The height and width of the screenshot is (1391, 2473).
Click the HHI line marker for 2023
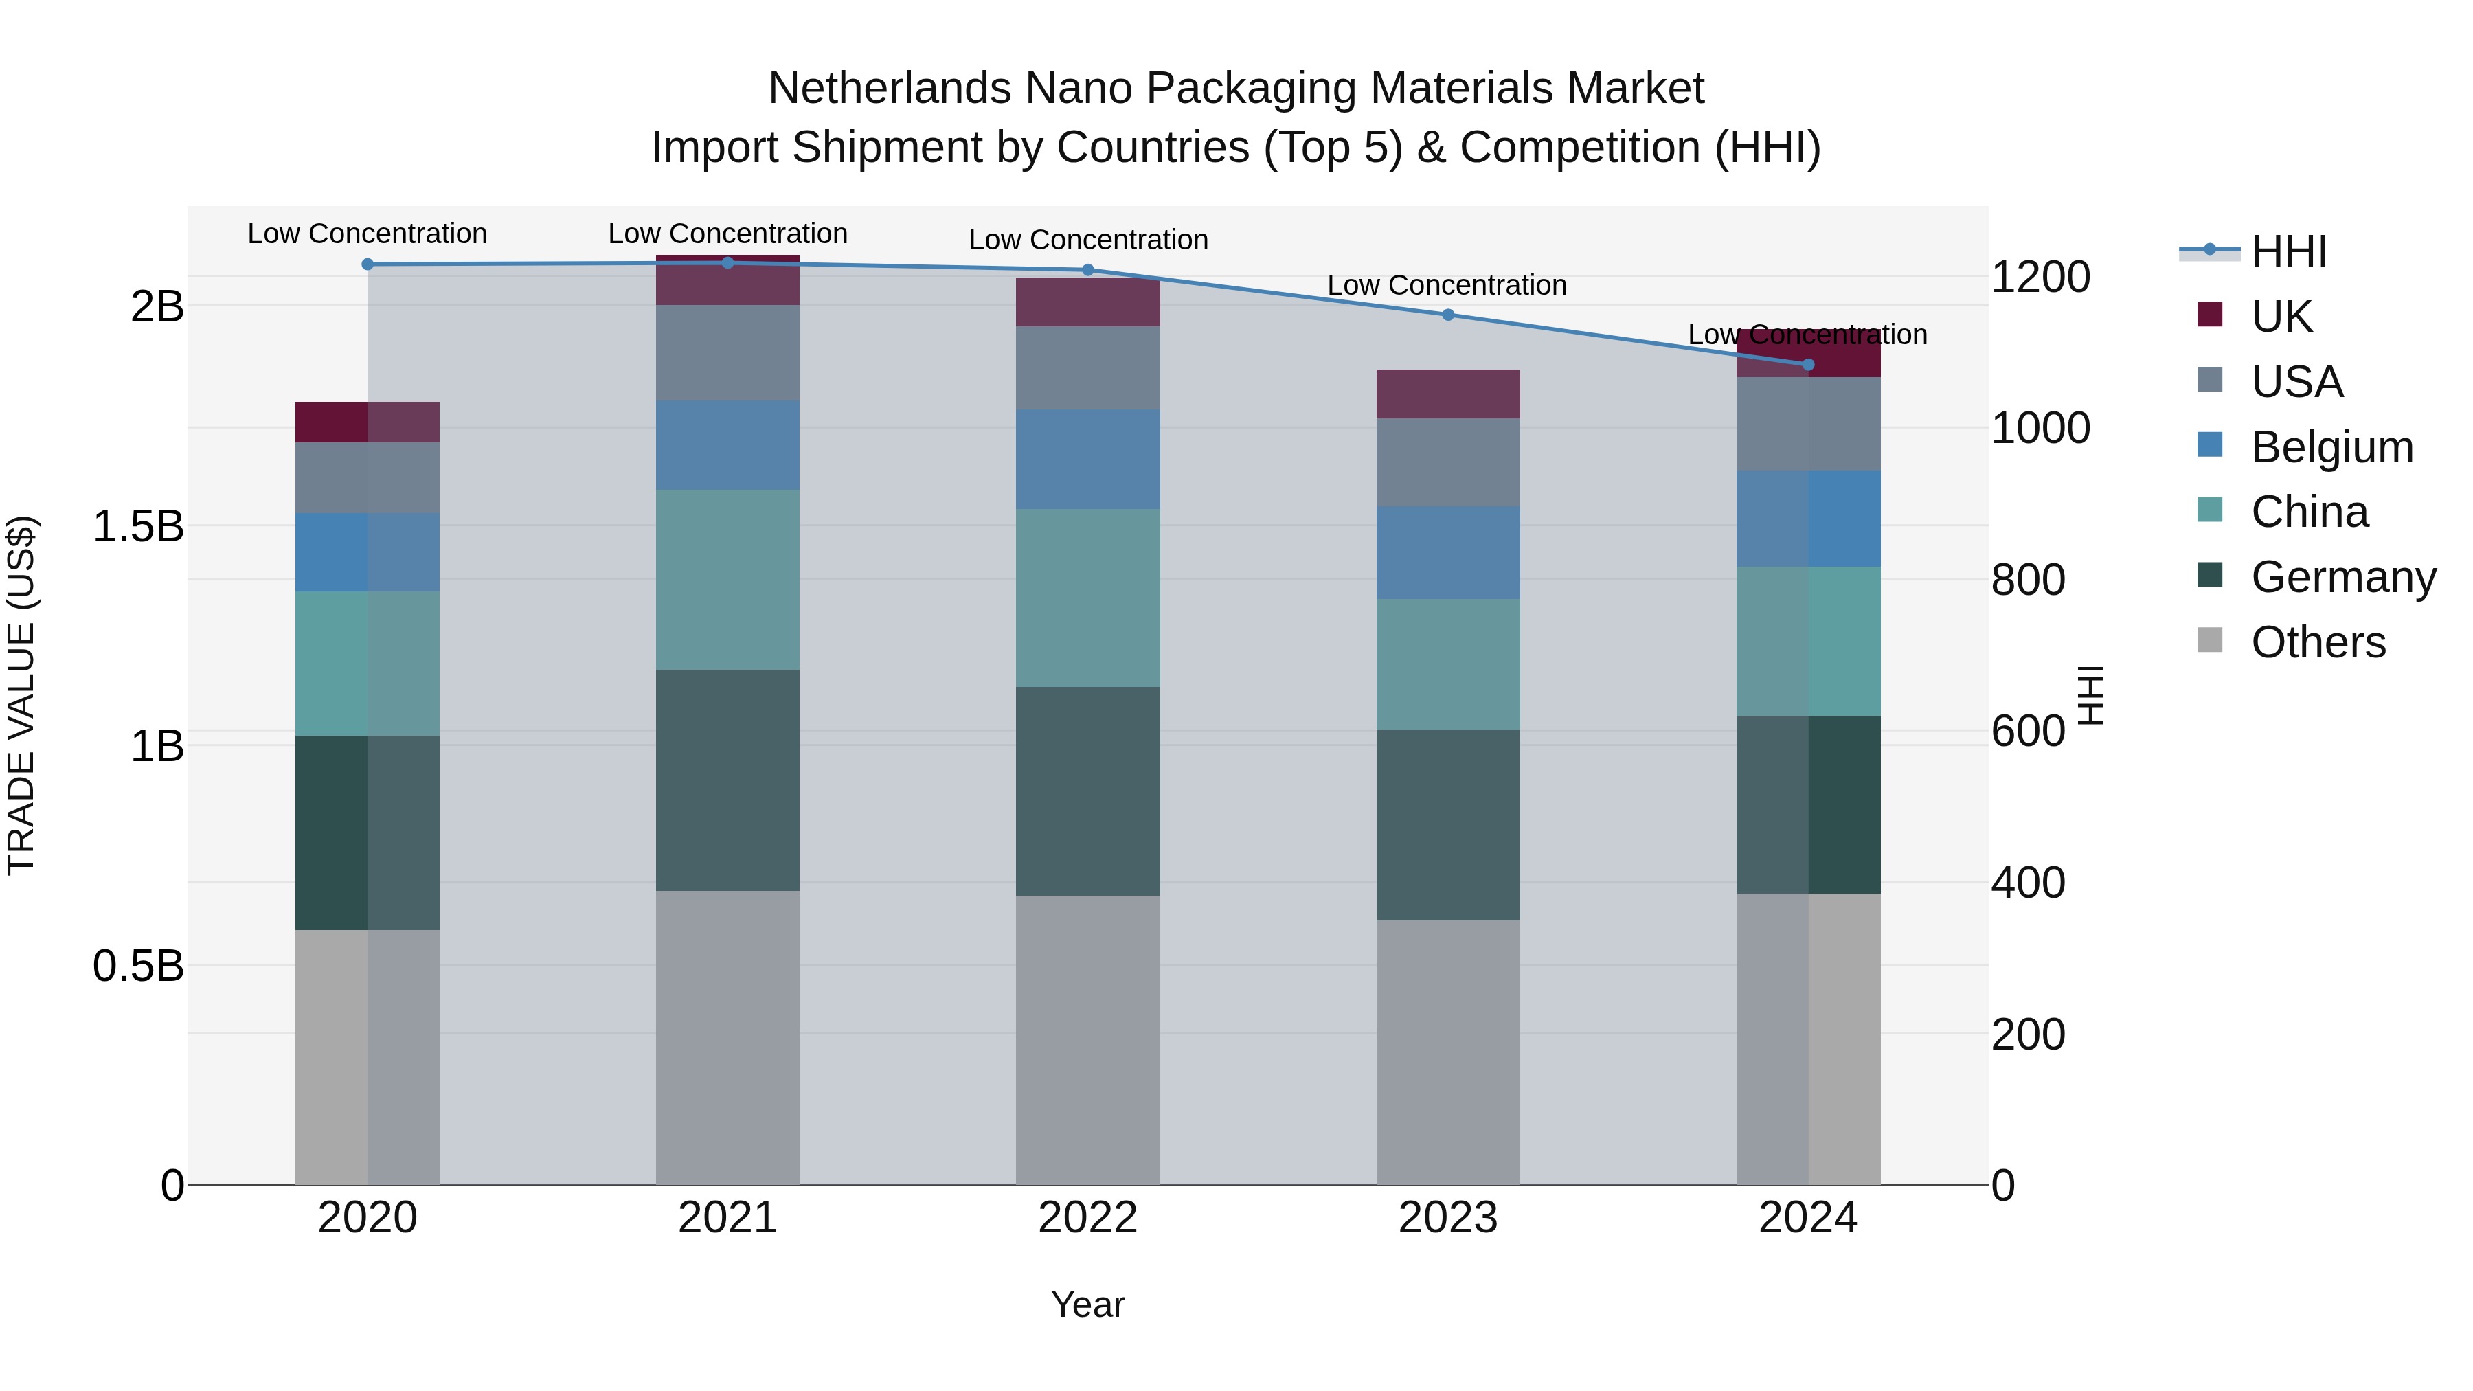1447,315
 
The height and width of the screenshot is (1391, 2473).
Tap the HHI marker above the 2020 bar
368,264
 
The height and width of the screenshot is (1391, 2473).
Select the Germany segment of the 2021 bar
727,780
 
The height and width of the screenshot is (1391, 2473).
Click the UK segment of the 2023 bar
1447,394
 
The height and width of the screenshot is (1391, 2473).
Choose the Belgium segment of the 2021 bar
727,445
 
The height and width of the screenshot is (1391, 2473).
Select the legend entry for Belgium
2330,447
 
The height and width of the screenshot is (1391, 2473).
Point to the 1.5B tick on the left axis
138,526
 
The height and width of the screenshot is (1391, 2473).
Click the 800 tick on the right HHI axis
2028,580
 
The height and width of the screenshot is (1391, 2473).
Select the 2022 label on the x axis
1087,1218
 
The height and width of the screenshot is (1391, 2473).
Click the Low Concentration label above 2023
1447,285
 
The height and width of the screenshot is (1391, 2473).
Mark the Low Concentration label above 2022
1087,240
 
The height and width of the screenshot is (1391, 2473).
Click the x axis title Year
1087,1304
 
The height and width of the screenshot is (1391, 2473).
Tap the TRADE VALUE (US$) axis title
22,695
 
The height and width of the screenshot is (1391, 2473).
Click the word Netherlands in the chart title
890,89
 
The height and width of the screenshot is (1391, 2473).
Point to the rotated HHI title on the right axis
2090,695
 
